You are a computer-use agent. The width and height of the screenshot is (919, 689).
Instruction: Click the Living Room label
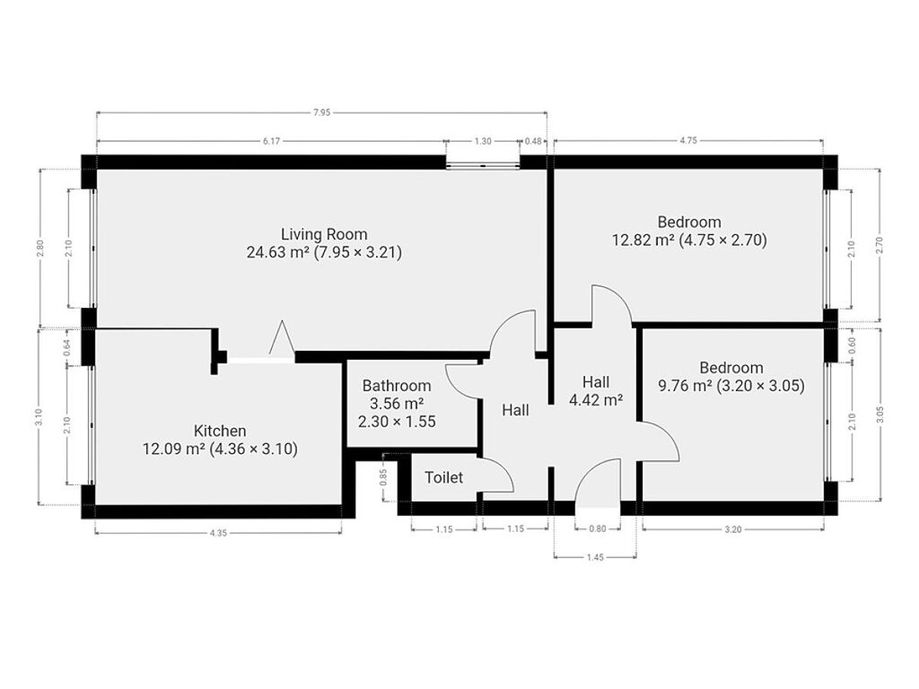[324, 234]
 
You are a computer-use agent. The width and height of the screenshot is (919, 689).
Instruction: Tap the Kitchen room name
[220, 432]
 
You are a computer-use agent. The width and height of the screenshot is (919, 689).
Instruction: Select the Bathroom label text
[397, 386]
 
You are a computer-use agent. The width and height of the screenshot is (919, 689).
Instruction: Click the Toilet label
[443, 477]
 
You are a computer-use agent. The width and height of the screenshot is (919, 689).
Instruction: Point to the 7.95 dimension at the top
[321, 112]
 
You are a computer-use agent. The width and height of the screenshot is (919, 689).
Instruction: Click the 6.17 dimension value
[271, 141]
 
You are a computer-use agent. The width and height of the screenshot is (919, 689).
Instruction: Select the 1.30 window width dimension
[482, 141]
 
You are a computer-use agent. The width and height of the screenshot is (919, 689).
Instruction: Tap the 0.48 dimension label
[533, 141]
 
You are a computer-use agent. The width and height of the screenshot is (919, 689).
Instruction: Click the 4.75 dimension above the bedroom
[688, 141]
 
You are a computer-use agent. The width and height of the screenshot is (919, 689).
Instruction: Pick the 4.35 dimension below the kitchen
[217, 533]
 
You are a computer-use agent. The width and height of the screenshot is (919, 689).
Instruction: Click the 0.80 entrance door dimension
[597, 529]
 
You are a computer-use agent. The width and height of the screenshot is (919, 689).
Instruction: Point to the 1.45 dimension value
[595, 558]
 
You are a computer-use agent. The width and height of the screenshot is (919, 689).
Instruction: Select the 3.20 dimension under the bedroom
[732, 529]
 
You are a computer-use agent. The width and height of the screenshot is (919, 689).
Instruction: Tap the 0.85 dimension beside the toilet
[383, 478]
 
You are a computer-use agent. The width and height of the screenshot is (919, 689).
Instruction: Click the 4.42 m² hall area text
[596, 401]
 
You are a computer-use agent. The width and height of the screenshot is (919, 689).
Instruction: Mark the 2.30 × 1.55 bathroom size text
[397, 422]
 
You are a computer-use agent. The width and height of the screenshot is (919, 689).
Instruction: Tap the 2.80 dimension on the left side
[39, 249]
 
